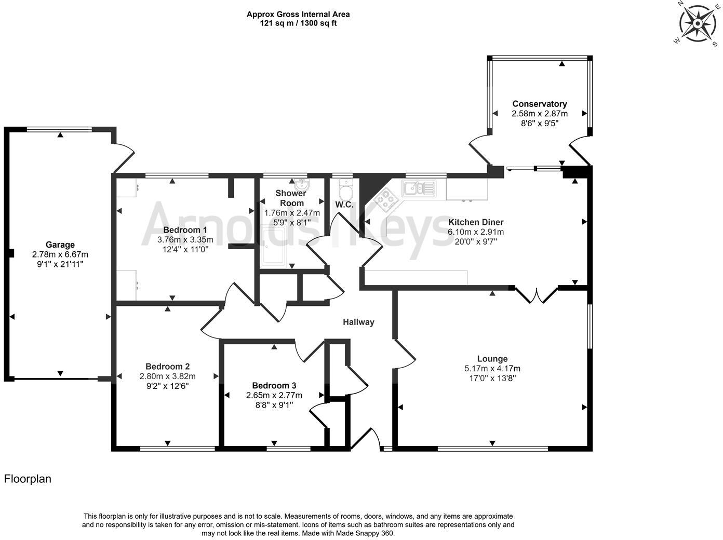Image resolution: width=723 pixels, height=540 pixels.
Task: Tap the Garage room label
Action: pos(60,245)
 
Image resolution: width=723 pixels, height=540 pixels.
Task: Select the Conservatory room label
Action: pos(540,104)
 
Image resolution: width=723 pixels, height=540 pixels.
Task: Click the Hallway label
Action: pos(358,322)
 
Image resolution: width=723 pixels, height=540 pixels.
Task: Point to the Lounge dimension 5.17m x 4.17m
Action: pos(492,369)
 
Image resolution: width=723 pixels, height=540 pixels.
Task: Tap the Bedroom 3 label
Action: pos(274,386)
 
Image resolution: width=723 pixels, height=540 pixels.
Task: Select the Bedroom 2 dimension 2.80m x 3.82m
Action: pos(167,376)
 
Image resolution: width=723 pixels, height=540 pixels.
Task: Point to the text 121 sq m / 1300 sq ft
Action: pos(298,23)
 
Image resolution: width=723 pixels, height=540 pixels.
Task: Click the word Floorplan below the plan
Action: pos(28,479)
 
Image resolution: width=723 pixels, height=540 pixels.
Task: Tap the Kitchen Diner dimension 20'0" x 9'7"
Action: pos(476,241)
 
